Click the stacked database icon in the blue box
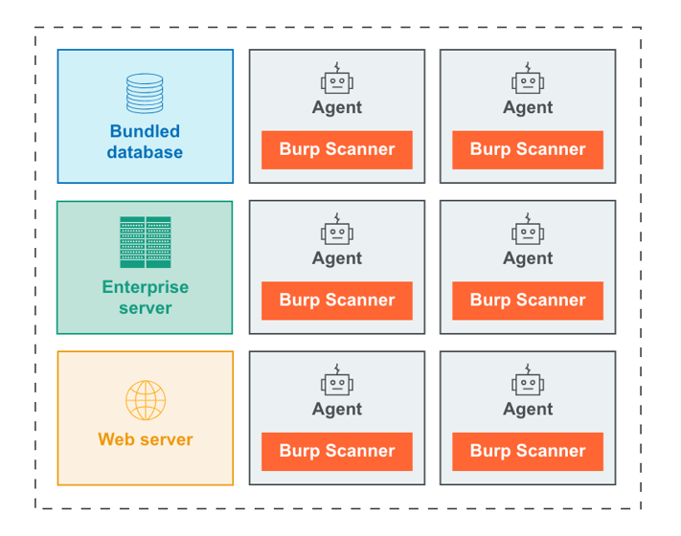pyautogui.click(x=145, y=94)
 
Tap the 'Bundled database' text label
pyautogui.click(x=145, y=142)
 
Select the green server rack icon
pyautogui.click(x=145, y=242)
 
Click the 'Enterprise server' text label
pyautogui.click(x=145, y=298)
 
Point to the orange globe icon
pyautogui.click(x=145, y=401)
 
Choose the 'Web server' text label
pyautogui.click(x=145, y=440)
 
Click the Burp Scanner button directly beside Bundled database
pyautogui.click(x=336, y=149)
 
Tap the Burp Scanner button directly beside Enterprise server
pyautogui.click(x=336, y=301)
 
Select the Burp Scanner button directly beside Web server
pyautogui.click(x=336, y=451)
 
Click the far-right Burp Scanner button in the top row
pyautogui.click(x=527, y=149)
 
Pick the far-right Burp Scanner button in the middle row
pyautogui.click(x=527, y=301)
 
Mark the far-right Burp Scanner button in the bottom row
pyautogui.click(x=527, y=451)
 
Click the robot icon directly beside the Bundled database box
pyautogui.click(x=336, y=79)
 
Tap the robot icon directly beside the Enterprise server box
pyautogui.click(x=336, y=230)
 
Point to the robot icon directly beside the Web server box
pyautogui.click(x=336, y=381)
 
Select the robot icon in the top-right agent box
pyautogui.click(x=527, y=79)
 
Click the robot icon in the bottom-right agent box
pyautogui.click(x=527, y=381)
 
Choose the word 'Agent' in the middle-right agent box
pyautogui.click(x=527, y=258)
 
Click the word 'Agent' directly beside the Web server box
pyautogui.click(x=336, y=410)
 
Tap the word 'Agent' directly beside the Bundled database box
pyautogui.click(x=336, y=107)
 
